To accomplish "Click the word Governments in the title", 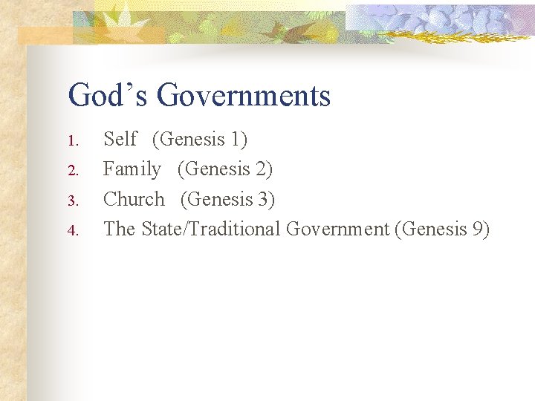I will tap(244, 96).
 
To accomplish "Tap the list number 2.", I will tap(72, 171).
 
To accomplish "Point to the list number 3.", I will tap(72, 200).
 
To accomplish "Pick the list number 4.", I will tap(72, 230).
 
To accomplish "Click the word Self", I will tap(120, 139).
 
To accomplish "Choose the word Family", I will tap(132, 169).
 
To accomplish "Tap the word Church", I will tap(134, 199).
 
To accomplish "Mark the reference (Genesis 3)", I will tap(228, 199).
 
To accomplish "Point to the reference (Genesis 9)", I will tap(443, 229).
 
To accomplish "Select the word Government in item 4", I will tap(337, 229).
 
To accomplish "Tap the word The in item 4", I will tap(119, 229).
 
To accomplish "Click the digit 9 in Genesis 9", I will tap(477, 229).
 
